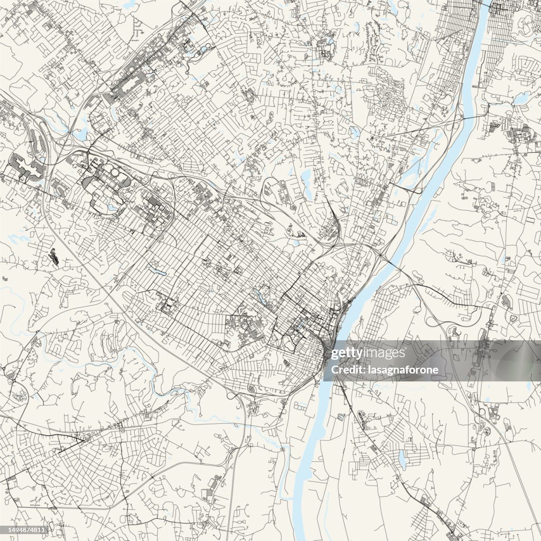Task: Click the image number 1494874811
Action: [24, 529]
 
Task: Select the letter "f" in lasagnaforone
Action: [406, 369]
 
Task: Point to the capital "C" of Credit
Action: [334, 369]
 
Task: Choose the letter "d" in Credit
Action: [351, 369]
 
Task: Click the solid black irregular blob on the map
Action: [53, 257]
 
